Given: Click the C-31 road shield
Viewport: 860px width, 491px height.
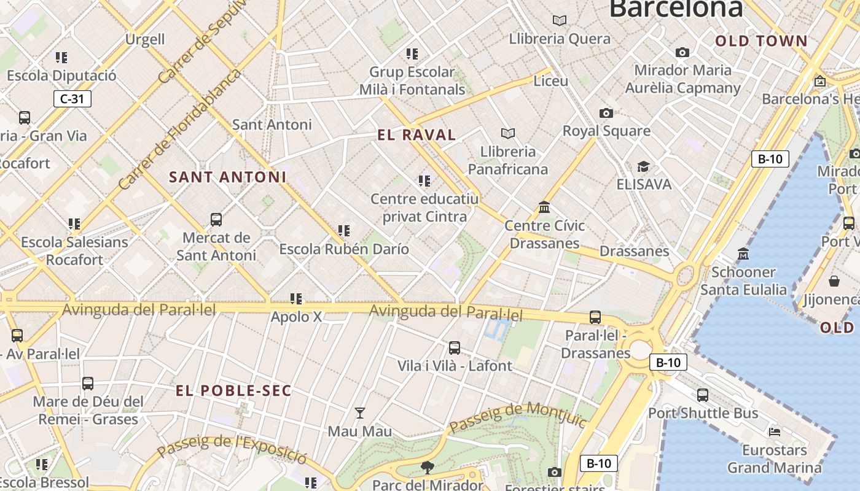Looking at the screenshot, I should (x=72, y=98).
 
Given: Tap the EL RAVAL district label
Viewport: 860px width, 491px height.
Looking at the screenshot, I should (x=416, y=135).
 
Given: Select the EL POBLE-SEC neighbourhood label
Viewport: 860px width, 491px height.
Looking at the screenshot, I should (x=233, y=391).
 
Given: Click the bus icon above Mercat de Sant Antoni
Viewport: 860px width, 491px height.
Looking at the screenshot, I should (x=216, y=219).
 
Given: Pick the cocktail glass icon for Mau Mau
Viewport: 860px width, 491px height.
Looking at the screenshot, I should (x=360, y=413).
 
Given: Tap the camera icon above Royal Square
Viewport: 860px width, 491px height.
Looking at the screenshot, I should (x=606, y=113).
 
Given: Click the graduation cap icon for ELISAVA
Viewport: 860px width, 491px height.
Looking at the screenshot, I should (x=643, y=166).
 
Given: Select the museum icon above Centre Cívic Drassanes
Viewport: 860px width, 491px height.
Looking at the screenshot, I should (x=544, y=207).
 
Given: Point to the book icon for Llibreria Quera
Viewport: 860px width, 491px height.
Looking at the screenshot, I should (x=559, y=21).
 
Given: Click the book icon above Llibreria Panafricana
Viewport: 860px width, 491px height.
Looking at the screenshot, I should (x=507, y=133).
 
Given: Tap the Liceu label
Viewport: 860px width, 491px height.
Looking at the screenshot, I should (x=550, y=81).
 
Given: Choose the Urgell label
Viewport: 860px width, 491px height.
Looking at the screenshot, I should (x=145, y=39).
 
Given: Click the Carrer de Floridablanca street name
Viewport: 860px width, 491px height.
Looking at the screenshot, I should (x=179, y=129).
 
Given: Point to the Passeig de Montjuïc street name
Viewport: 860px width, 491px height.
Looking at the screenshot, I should (x=517, y=418).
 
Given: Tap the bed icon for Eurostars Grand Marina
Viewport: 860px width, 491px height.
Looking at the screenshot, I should (x=775, y=432).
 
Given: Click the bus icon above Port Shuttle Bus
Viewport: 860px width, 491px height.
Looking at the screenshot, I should (x=703, y=395).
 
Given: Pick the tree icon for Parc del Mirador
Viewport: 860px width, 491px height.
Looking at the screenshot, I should (x=427, y=468).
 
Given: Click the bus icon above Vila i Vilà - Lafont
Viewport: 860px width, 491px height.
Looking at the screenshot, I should (x=455, y=348).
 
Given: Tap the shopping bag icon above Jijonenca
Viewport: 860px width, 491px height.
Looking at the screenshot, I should (x=834, y=281).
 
